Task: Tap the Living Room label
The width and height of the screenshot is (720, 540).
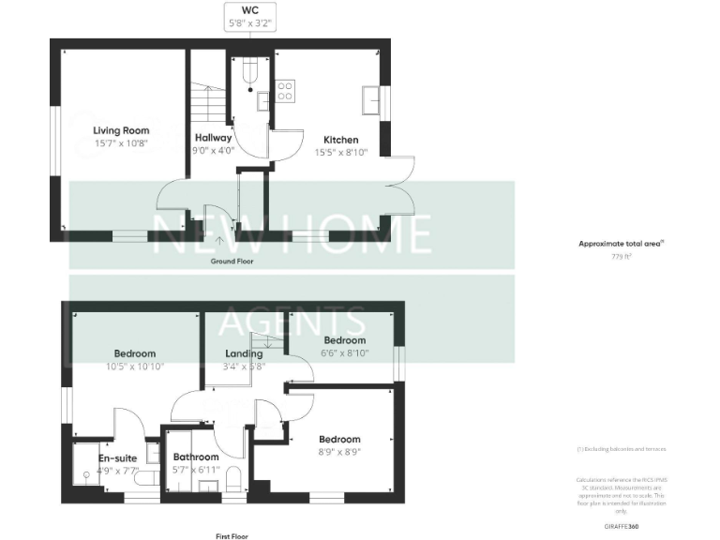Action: point(121,130)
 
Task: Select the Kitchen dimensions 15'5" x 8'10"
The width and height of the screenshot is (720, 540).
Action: point(341,151)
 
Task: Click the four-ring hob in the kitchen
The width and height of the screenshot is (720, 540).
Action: point(284,91)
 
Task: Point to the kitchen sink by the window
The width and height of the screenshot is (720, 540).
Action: point(371,98)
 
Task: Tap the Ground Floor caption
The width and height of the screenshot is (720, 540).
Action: point(232,262)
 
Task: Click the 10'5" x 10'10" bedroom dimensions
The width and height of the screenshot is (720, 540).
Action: point(133,367)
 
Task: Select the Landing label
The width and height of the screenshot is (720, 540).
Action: point(244,353)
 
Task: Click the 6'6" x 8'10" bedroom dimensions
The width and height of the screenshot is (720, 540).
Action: point(343,353)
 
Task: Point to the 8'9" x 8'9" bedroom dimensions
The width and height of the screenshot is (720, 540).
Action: point(338,452)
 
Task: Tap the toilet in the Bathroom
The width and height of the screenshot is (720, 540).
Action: point(234,477)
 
